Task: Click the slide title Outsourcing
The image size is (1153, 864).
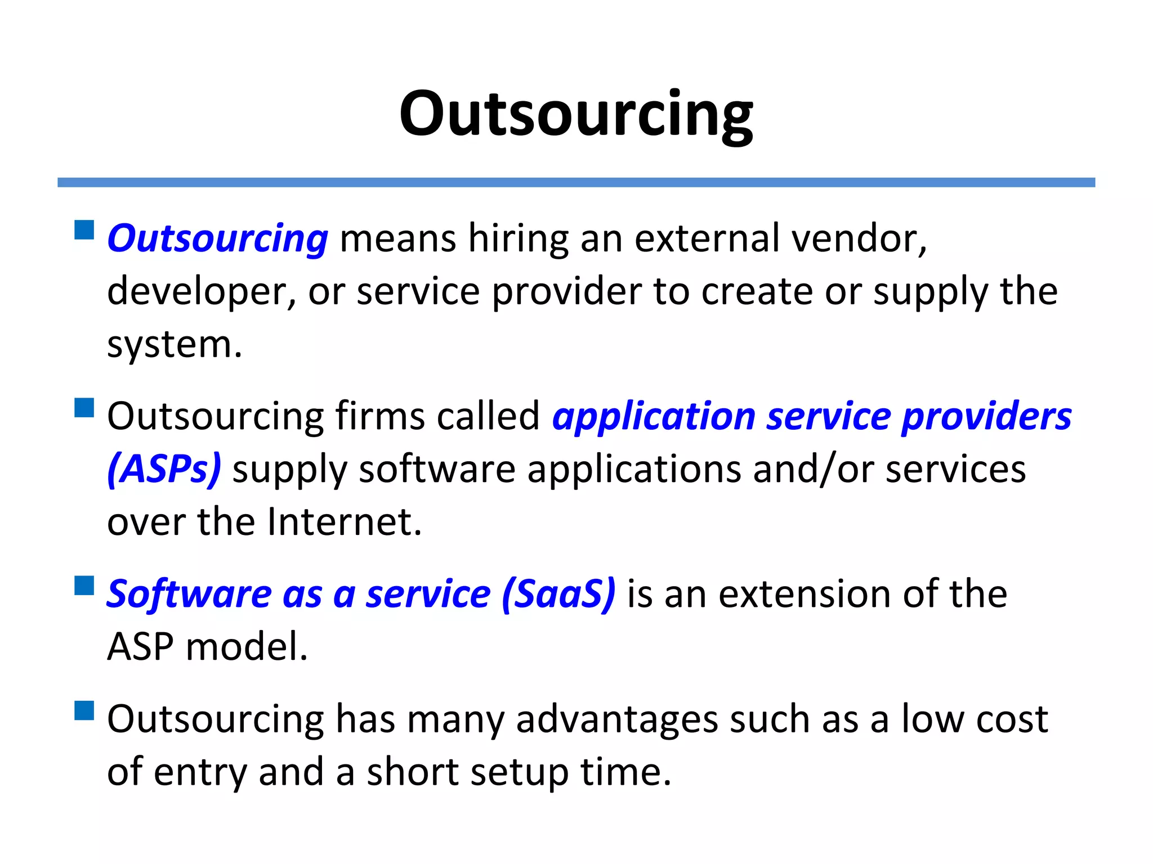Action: pos(576,115)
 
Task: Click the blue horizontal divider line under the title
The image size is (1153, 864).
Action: pos(576,182)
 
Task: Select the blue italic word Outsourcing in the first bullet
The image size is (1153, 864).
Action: pos(217,238)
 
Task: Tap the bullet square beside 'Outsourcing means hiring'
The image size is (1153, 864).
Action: pos(84,230)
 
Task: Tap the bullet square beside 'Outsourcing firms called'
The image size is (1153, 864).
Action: pos(84,408)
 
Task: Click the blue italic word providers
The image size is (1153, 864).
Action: pos(986,417)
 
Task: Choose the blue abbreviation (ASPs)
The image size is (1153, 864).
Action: pos(164,469)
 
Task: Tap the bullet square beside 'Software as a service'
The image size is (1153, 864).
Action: pos(84,586)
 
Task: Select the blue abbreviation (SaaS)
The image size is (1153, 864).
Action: pos(558,594)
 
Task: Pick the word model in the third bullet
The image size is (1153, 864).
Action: pos(246,647)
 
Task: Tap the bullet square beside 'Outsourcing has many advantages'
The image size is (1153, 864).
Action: pos(84,710)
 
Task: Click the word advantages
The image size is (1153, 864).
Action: pos(617,720)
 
